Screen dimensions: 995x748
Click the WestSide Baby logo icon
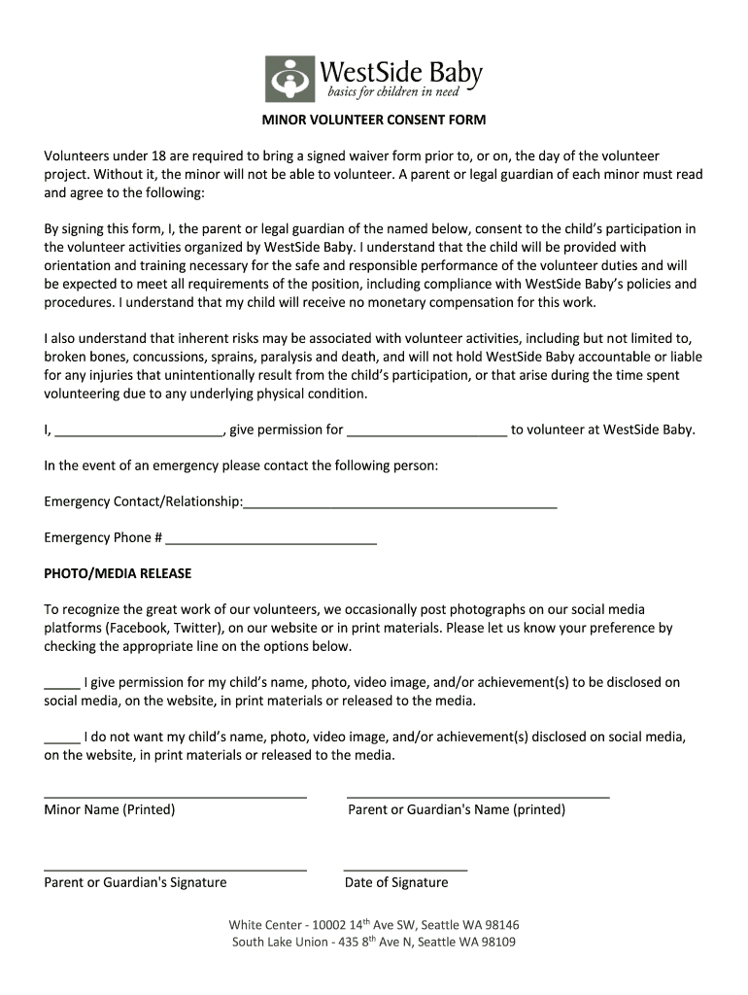point(290,80)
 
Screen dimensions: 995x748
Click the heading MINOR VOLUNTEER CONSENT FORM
point(373,120)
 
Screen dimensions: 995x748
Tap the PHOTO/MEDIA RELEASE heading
point(118,573)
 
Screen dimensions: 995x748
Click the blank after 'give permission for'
point(426,434)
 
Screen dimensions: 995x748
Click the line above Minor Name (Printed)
point(175,797)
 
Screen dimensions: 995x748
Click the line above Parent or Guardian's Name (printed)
point(478,797)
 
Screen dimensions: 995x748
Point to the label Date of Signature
point(396,882)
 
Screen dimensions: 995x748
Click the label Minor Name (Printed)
point(110,809)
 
